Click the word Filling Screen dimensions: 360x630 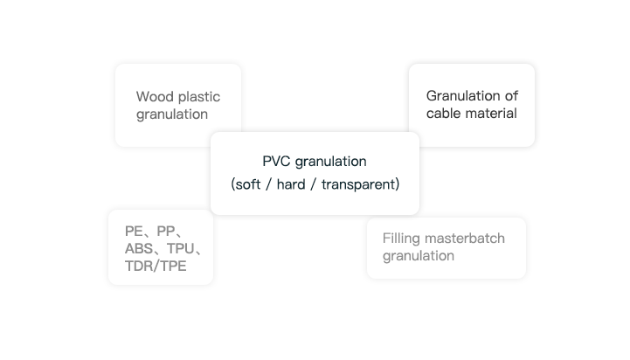pos(401,238)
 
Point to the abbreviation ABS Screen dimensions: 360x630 pos(140,249)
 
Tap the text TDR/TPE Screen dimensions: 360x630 pos(156,266)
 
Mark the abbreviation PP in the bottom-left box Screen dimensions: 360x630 pos(167,232)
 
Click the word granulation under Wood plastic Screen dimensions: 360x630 pos(172,114)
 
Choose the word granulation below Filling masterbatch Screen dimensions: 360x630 pos(419,256)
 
